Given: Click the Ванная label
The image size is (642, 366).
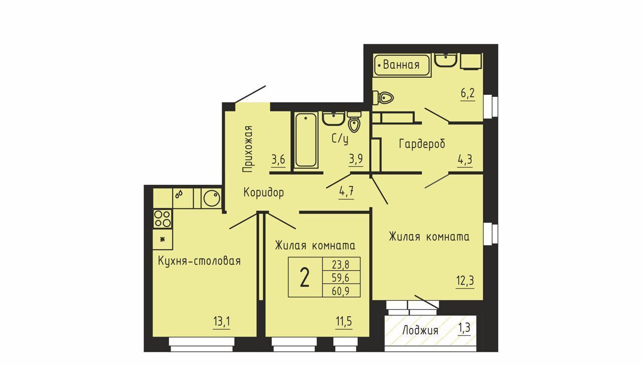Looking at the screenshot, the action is tap(401, 65).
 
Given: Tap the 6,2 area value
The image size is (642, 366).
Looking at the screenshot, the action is tap(468, 93).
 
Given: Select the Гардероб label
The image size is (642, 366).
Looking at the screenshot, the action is tap(422, 144).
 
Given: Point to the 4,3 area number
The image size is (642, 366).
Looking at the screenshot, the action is tap(465, 159).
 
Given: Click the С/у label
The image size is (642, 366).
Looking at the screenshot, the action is tap(340, 139).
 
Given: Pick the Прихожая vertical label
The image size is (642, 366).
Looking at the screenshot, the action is tap(248, 149).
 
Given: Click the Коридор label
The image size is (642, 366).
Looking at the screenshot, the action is tap(264, 192).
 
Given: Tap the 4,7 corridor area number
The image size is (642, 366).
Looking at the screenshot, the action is tap(346, 191).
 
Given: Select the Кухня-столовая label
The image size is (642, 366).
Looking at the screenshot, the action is tap(199, 261).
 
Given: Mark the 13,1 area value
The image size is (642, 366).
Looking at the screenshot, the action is tap(222, 321).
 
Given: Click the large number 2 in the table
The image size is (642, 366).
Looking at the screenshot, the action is tap(304, 277).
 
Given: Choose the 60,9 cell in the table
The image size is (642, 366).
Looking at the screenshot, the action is tap(341, 291).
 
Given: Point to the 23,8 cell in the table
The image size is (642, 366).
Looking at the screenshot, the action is tap(341, 264).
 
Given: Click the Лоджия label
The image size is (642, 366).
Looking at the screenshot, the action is tap(420, 331).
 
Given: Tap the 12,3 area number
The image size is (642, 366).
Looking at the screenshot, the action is tap(465, 280).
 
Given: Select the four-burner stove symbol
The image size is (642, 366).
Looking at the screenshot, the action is tap(162, 218).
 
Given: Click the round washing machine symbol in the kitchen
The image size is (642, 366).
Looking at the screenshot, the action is tap(212, 198).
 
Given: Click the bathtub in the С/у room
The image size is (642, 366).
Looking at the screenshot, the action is tap(306, 140).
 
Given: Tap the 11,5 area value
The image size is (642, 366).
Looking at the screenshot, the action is tap(344, 321).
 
